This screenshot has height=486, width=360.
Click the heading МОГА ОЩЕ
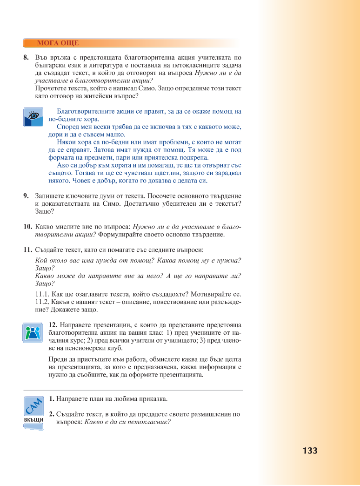pos(58,43)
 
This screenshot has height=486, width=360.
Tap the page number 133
pos(310,451)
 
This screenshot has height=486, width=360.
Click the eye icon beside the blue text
pos(33,116)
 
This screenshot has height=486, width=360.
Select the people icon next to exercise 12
pos(33,332)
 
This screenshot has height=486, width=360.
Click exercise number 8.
pos(26,58)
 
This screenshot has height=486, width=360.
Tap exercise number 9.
pos(26,196)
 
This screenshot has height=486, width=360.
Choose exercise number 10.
pos(27,227)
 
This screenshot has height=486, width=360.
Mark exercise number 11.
pos(27,250)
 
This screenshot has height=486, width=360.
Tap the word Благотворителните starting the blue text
pos(85,111)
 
